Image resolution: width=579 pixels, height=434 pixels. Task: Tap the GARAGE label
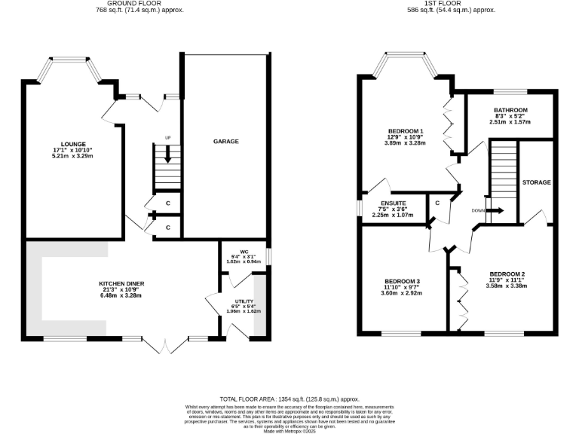click(225, 141)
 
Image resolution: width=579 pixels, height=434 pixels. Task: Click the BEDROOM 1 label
click(406, 131)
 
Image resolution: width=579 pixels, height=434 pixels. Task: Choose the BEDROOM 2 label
click(506, 274)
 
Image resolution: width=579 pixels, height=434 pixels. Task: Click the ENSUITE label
click(394, 203)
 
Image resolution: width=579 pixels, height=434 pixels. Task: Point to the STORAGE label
click(536, 182)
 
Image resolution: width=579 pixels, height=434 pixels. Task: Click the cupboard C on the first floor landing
click(437, 203)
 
